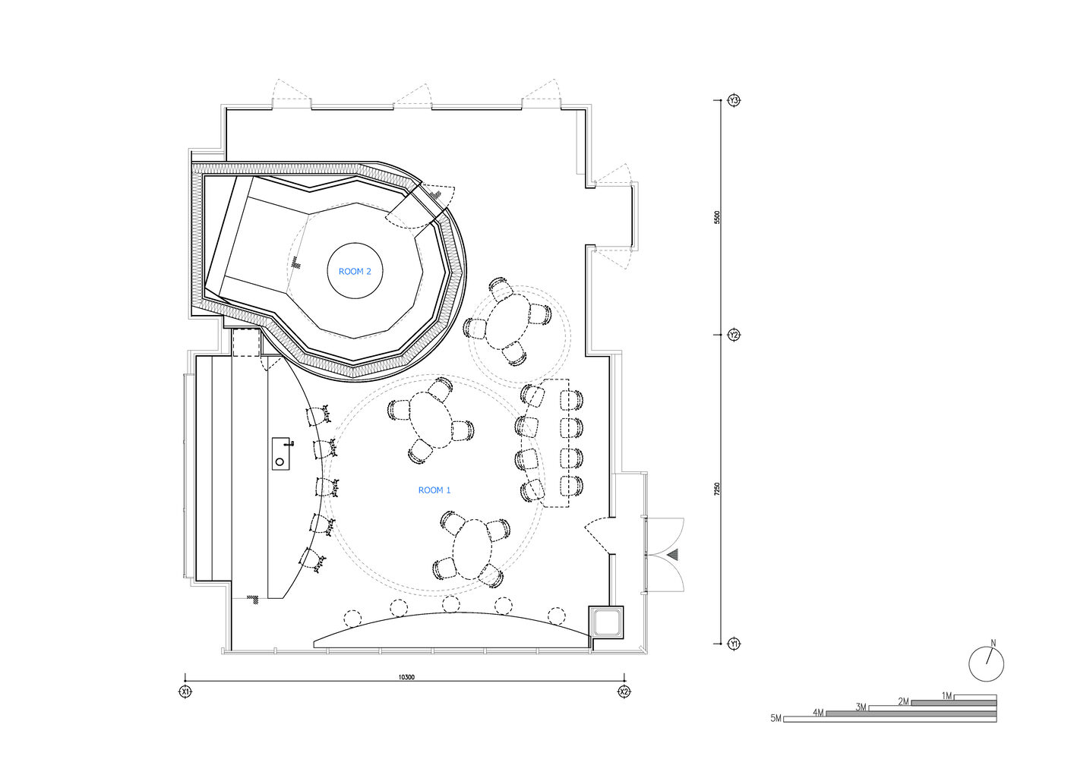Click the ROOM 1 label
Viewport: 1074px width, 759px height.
coord(434,490)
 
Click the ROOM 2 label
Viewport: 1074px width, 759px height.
coord(355,271)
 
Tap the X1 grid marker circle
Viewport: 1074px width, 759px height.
coord(185,692)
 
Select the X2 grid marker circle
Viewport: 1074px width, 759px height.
coord(624,692)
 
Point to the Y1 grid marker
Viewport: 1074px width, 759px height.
coord(734,644)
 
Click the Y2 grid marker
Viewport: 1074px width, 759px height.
coord(734,335)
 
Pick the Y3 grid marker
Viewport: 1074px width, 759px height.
coord(734,101)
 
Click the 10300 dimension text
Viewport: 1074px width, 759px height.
coord(406,678)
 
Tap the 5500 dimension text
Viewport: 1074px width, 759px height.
coord(717,217)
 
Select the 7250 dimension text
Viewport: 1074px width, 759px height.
coord(717,490)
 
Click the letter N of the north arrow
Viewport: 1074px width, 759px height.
coord(993,644)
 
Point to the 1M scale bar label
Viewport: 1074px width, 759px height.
coord(947,696)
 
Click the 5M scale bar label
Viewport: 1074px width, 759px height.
coord(775,718)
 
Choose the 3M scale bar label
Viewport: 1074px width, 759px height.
coord(861,707)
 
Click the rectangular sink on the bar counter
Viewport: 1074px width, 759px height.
coord(281,453)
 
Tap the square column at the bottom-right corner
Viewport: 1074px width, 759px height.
coord(606,622)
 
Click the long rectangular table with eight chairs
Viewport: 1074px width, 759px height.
coord(556,442)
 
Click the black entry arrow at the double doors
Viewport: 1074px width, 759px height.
coord(674,555)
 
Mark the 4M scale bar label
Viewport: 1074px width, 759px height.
coord(819,713)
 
